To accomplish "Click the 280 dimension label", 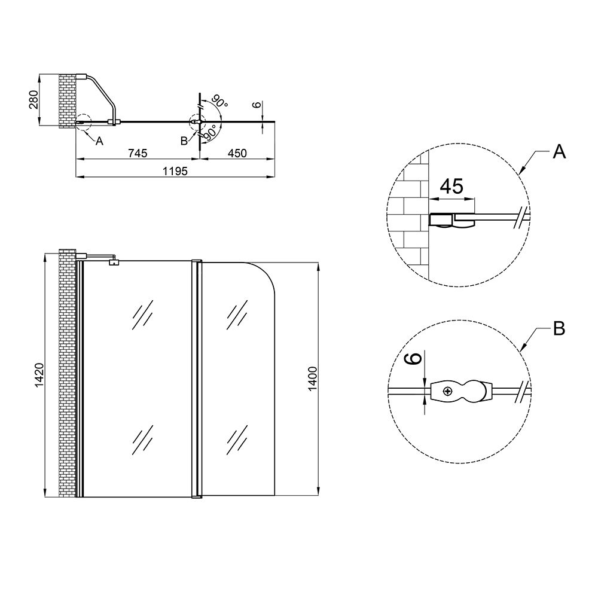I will click(33, 100).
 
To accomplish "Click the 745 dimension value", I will click(137, 154).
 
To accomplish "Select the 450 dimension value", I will click(237, 154).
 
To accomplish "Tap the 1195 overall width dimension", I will click(176, 172).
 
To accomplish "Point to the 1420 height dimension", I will click(37, 376).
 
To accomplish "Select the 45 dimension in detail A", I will click(451, 187).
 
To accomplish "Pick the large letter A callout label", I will click(559, 152).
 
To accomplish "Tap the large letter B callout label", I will click(559, 328).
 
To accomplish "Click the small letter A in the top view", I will click(99, 142).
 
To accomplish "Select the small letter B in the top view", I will click(184, 141).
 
